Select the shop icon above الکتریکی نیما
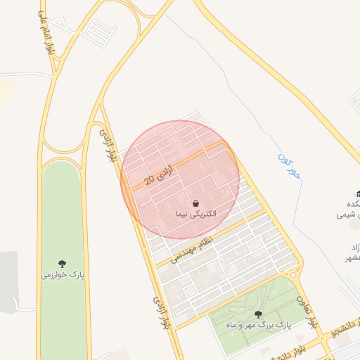coord(195,202)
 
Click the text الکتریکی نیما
coord(195,212)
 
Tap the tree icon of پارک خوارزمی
coord(62,264)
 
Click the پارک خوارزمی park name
coord(62,275)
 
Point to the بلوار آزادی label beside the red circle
coord(107,145)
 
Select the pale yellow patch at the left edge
coord(6,90)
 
